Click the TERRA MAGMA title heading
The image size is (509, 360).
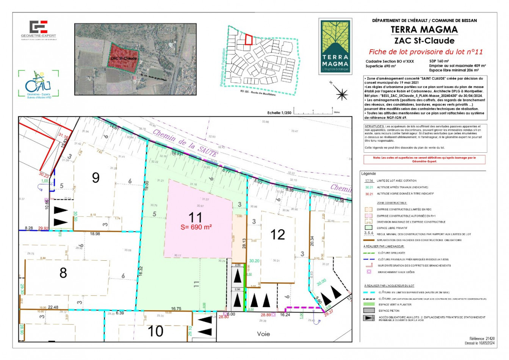click(424, 30)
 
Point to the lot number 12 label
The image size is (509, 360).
click(278, 235)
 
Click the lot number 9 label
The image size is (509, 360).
click(96, 177)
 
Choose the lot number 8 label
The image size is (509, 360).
click(63, 272)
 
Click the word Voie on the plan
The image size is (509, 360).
click(263, 334)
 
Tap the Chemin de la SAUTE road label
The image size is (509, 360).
click(185, 143)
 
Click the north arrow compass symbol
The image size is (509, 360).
click(342, 93)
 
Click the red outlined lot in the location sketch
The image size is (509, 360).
click(249, 39)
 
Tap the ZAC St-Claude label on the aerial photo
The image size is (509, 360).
click(124, 59)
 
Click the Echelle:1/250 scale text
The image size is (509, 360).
click(279, 113)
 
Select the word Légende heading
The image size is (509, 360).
click(368, 174)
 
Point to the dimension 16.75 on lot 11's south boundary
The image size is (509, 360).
click(176, 308)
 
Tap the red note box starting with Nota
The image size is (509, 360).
click(424, 159)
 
